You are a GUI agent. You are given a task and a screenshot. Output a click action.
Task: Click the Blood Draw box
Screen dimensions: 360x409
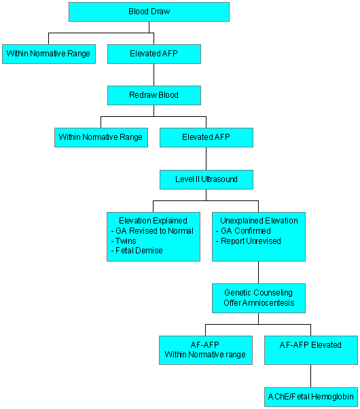pyautogui.click(x=149, y=12)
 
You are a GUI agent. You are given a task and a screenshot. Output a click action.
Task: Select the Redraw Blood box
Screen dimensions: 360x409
pyautogui.click(x=154, y=95)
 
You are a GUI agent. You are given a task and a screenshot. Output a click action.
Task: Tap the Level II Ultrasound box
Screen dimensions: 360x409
pyautogui.click(x=206, y=179)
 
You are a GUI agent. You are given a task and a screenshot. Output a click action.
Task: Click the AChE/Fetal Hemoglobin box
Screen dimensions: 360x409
pyautogui.click(x=311, y=397)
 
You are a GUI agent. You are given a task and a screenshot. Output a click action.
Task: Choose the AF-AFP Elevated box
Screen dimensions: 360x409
pyautogui.click(x=311, y=350)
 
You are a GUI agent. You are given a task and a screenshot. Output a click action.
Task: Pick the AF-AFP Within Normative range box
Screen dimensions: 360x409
pyautogui.click(x=206, y=350)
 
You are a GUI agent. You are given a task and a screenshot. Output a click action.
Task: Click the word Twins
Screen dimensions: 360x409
pyautogui.click(x=126, y=241)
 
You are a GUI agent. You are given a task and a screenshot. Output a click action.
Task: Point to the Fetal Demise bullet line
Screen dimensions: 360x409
pyautogui.click(x=137, y=251)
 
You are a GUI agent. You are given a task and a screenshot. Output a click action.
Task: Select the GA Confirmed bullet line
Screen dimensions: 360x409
pyautogui.click(x=243, y=231)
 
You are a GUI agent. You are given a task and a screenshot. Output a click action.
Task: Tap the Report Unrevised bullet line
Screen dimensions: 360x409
pyautogui.click(x=249, y=241)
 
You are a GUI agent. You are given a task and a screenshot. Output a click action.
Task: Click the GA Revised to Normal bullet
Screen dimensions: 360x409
pyautogui.click(x=152, y=231)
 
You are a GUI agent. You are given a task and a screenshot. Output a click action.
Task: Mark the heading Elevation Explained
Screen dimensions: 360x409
pyautogui.click(x=153, y=221)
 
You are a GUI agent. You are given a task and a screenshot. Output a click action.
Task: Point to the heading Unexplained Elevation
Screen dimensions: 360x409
pyautogui.click(x=259, y=221)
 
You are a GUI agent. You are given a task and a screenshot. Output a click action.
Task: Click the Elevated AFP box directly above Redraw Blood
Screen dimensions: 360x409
pyautogui.click(x=154, y=54)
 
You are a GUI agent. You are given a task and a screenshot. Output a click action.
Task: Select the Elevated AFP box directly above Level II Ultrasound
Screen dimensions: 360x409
pyautogui.click(x=206, y=137)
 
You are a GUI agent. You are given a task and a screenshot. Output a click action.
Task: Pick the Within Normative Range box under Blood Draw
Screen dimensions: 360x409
pyautogui.click(x=49, y=54)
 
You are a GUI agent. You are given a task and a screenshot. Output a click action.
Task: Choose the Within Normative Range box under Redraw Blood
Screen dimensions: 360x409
pyautogui.click(x=101, y=137)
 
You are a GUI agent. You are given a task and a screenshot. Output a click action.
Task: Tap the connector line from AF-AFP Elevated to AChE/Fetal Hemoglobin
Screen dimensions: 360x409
pyautogui.click(x=310, y=376)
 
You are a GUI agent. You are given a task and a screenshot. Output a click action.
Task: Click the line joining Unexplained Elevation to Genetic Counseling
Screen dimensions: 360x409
pyautogui.click(x=259, y=272)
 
